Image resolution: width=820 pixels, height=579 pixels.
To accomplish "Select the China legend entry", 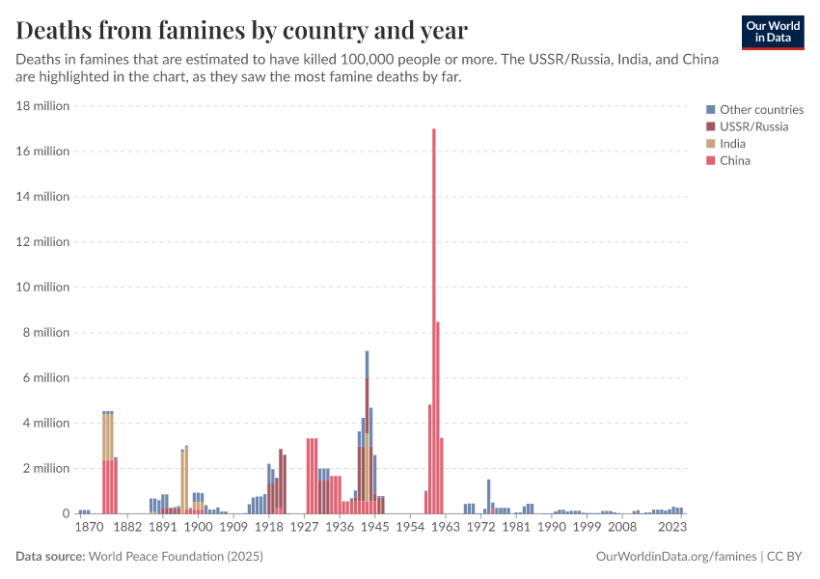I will pyautogui.click(x=734, y=161).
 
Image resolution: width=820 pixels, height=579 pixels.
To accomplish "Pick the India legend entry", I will pyautogui.click(x=732, y=144).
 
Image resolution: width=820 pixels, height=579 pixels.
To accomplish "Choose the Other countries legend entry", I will pyautogui.click(x=761, y=109).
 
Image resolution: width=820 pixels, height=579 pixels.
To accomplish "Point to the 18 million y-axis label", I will pyautogui.click(x=42, y=106).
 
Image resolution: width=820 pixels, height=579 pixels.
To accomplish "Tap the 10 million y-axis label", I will pyautogui.click(x=42, y=288).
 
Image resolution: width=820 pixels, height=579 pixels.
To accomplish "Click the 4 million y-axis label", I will pyautogui.click(x=45, y=423).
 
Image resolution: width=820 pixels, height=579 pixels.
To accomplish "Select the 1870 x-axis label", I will pyautogui.click(x=88, y=528).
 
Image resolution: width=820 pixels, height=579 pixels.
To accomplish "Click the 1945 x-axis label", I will pyautogui.click(x=374, y=528).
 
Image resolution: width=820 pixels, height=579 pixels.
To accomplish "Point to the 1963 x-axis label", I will pyautogui.click(x=445, y=528).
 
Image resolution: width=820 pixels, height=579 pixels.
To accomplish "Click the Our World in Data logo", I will pyautogui.click(x=773, y=32).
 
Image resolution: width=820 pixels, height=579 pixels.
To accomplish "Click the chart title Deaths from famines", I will pyautogui.click(x=242, y=31).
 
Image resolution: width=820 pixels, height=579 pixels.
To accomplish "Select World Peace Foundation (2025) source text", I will pyautogui.click(x=177, y=557).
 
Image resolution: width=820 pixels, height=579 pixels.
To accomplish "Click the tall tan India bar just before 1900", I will pyautogui.click(x=186, y=473).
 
